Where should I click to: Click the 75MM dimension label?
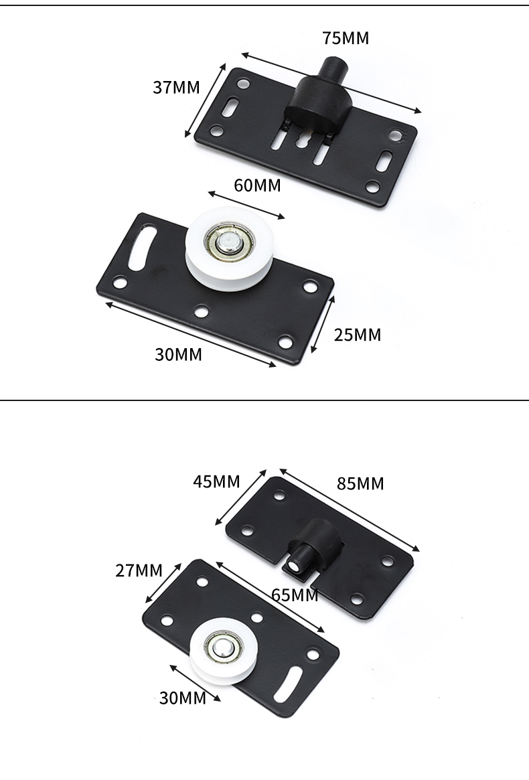346,38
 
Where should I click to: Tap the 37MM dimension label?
176,88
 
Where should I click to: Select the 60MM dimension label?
257,185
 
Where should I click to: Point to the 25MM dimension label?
358,335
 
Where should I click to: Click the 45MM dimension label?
216,481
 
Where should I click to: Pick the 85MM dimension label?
360,483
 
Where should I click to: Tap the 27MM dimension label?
139,570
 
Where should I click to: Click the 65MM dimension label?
295,595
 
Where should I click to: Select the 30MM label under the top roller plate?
178,355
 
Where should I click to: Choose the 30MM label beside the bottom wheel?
183,698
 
